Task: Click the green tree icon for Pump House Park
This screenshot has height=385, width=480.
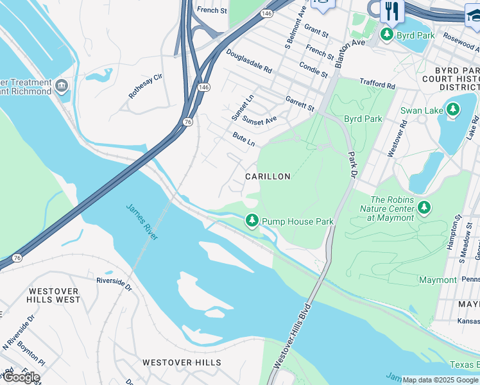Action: (x=252, y=221)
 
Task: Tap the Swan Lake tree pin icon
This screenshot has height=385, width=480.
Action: (x=453, y=110)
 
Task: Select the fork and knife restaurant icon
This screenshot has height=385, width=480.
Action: (x=391, y=11)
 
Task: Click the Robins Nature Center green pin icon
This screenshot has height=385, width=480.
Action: (x=424, y=207)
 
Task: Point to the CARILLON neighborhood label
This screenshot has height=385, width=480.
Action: (x=268, y=176)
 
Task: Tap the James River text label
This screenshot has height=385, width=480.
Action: (x=142, y=221)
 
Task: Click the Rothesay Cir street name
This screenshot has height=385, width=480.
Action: (x=146, y=85)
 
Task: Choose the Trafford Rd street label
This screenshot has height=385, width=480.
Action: (x=377, y=85)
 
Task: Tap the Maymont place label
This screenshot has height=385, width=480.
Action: (x=438, y=280)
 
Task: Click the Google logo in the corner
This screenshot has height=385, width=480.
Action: (x=21, y=377)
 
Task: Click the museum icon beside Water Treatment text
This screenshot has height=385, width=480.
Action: (x=62, y=86)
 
